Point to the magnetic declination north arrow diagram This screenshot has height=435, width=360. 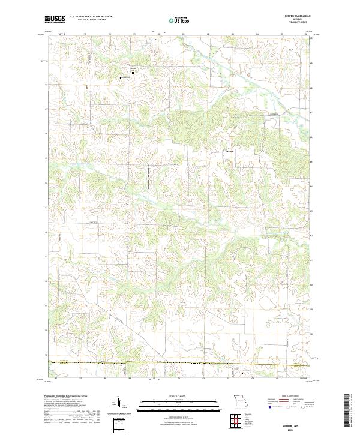pos(119,403)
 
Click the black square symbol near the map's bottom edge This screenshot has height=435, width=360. pos(242,373)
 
